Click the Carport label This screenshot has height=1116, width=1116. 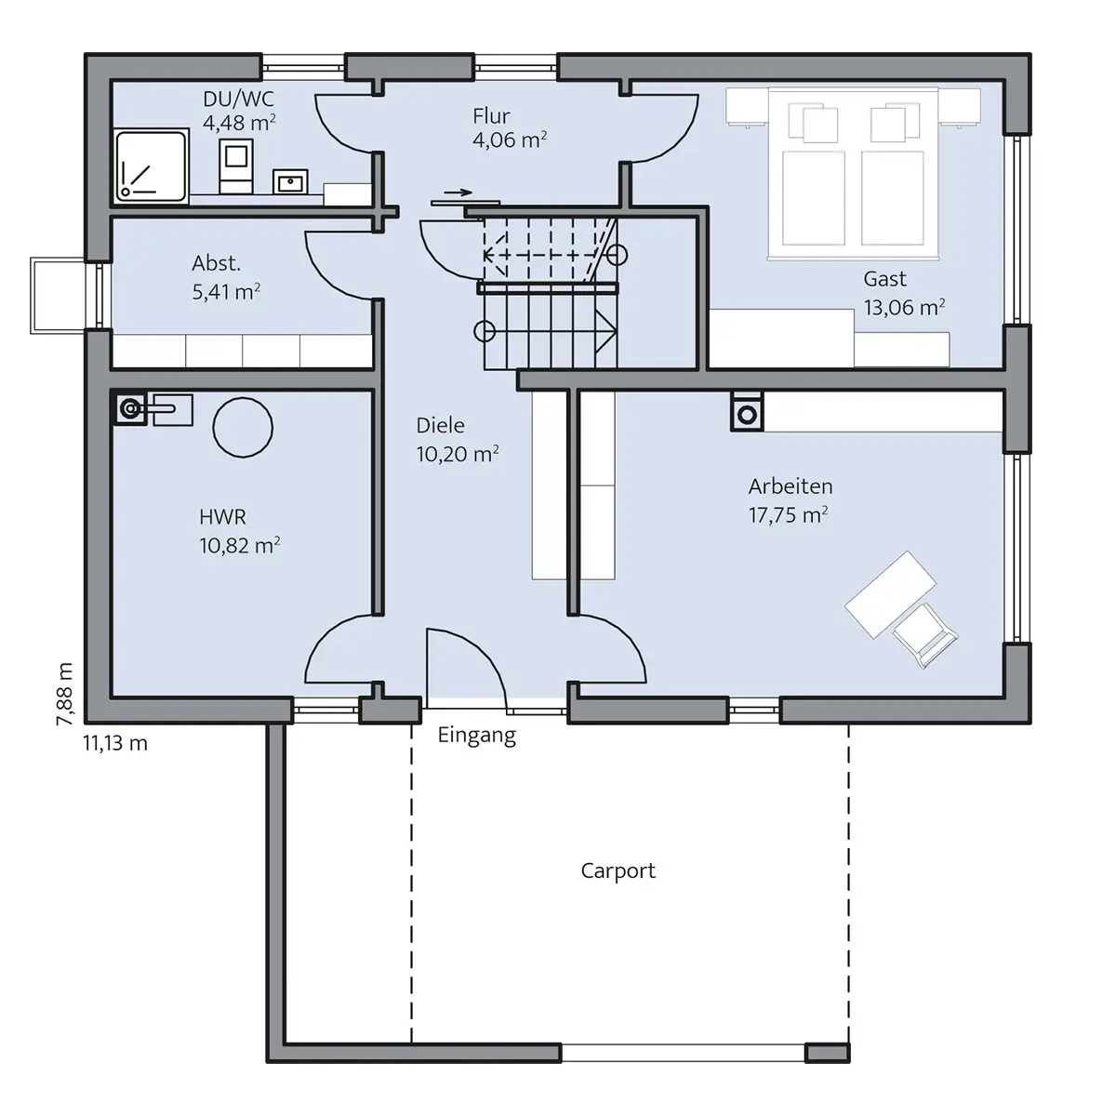click(x=618, y=871)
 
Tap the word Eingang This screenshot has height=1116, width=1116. click(x=477, y=736)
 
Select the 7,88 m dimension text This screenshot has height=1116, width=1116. click(x=64, y=694)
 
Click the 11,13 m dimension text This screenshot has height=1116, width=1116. click(x=115, y=743)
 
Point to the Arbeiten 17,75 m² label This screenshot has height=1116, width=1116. click(x=790, y=500)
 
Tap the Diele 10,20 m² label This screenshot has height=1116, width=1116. click(x=458, y=440)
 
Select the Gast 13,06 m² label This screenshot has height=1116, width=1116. click(x=904, y=293)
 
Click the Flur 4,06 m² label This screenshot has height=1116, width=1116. click(x=510, y=128)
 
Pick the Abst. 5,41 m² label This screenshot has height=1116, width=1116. click(x=226, y=277)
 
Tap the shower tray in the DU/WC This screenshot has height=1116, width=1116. click(x=152, y=166)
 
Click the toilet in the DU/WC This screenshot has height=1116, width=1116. click(x=235, y=166)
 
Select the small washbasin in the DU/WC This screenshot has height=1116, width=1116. click(x=290, y=182)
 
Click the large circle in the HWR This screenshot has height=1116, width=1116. click(x=243, y=428)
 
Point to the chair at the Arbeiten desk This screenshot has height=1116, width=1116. click(x=924, y=635)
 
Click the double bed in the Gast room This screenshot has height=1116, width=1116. click(x=853, y=173)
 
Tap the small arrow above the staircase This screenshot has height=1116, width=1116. click(x=458, y=193)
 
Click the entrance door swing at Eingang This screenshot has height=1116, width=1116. click(x=466, y=668)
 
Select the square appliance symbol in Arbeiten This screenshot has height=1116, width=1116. click(x=747, y=412)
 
